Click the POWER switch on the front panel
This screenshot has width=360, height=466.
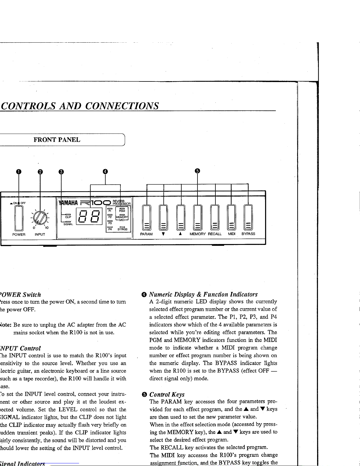pyautogui.click(x=19, y=218)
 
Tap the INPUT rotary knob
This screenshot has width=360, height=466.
pyautogui.click(x=40, y=218)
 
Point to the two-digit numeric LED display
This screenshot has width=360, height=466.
pyautogui.click(x=89, y=216)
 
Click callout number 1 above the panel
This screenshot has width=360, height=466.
pyautogui.click(x=19, y=172)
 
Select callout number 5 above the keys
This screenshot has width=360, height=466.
pyautogui.click(x=197, y=171)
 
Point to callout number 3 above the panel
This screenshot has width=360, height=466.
pyautogui.click(x=61, y=172)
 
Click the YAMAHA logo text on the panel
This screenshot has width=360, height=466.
pyautogui.click(x=68, y=203)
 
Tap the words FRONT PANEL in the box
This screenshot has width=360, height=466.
pyautogui.click(x=57, y=140)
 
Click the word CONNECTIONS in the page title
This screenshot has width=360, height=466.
pyautogui.click(x=122, y=106)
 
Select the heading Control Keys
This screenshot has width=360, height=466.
pyautogui.click(x=167, y=395)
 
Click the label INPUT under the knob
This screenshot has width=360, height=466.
pyautogui.click(x=40, y=235)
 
